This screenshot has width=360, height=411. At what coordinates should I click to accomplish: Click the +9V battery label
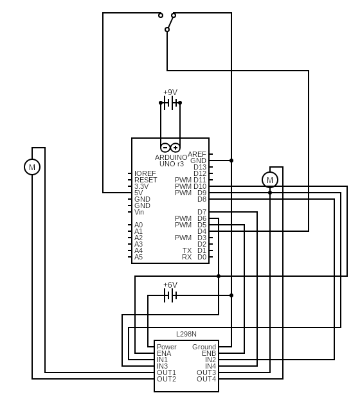[170, 92]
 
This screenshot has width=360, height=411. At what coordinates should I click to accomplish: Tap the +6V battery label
[170, 284]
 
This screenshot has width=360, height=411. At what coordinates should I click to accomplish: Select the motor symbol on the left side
[32, 167]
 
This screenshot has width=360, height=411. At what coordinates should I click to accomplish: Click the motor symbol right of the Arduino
[270, 180]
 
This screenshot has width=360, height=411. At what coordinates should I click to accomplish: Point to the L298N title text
[186, 334]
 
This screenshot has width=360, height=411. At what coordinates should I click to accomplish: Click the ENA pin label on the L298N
[164, 353]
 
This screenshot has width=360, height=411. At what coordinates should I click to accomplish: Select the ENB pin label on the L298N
[209, 353]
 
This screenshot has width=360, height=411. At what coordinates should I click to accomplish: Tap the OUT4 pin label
[206, 379]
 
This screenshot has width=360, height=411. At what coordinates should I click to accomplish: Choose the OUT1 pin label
[166, 372]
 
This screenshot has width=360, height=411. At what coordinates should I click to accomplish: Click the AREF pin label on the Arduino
[197, 154]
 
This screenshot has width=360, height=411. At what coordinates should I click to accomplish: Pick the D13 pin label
[200, 167]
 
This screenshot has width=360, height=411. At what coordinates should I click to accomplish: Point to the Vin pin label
[139, 212]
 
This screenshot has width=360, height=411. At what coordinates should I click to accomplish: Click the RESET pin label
[145, 180]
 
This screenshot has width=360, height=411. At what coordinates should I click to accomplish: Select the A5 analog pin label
[138, 257]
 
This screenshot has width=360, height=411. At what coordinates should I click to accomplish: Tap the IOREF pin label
[145, 173]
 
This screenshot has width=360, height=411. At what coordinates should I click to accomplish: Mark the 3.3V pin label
[141, 186]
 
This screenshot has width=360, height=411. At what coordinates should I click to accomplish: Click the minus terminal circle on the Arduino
[165, 148]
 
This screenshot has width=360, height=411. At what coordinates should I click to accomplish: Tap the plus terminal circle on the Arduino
[175, 148]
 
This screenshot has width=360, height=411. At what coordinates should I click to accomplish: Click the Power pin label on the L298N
[166, 347]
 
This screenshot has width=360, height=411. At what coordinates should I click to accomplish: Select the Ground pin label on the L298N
[204, 347]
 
